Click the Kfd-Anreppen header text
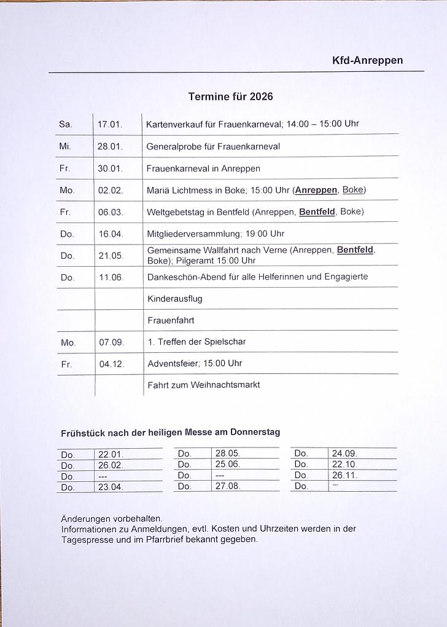point(367,60)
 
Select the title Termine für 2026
point(230,97)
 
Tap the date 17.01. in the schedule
point(110,124)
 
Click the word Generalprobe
point(174,146)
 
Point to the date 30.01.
point(111,168)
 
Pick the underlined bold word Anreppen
point(316,190)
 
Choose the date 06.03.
point(111,212)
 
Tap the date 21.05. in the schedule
point(111,255)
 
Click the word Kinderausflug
point(175,299)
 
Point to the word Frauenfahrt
point(171,320)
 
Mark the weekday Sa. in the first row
point(66,124)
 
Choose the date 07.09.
point(112,342)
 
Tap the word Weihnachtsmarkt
point(225,385)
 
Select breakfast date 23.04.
point(111,487)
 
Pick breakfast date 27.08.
point(227,486)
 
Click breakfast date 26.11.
point(344,475)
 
